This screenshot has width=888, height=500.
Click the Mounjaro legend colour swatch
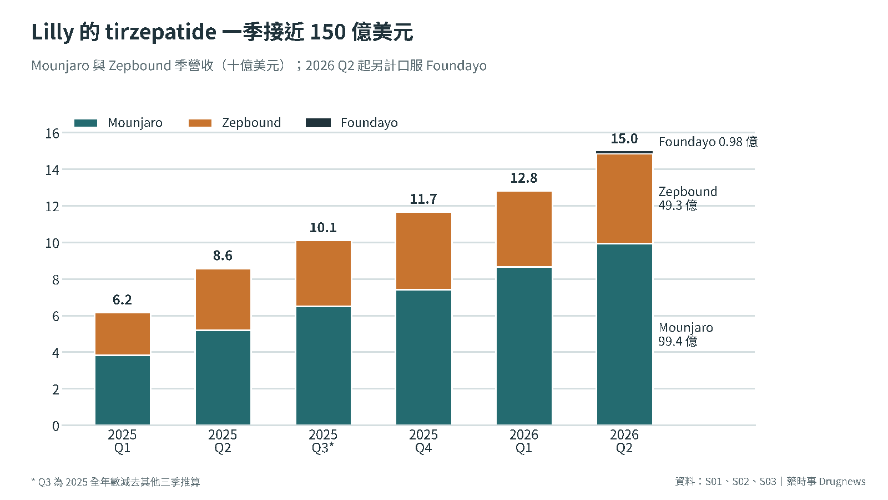(x=85, y=123)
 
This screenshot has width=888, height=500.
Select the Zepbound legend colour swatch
(x=200, y=123)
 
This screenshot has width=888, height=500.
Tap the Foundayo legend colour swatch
(x=318, y=123)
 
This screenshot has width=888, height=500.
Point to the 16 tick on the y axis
(x=52, y=134)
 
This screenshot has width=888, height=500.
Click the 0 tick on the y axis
(x=56, y=426)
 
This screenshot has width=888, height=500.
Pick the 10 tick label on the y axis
(x=52, y=243)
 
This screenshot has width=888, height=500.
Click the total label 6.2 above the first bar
(x=122, y=299)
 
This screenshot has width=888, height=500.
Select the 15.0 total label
(x=624, y=139)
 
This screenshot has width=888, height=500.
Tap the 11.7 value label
(x=423, y=199)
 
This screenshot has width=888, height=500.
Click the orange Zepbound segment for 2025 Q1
(x=123, y=334)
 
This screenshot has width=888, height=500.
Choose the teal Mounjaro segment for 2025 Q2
(x=223, y=378)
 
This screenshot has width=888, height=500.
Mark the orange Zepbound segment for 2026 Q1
(x=524, y=229)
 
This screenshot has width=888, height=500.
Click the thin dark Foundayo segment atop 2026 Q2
(x=624, y=152)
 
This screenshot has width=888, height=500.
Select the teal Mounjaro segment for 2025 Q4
(x=424, y=358)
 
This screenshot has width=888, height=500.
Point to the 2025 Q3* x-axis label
(x=322, y=441)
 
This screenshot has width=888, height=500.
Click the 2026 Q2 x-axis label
(x=624, y=441)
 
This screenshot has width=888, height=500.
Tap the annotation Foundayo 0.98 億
(x=708, y=142)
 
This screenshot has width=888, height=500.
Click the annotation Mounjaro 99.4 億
(x=686, y=334)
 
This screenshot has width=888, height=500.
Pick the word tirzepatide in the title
(x=161, y=32)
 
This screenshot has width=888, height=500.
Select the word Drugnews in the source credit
(x=842, y=481)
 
